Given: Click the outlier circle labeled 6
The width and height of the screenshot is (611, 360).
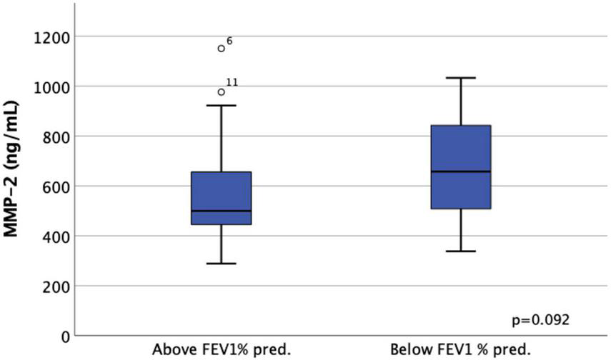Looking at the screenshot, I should pos(222,49).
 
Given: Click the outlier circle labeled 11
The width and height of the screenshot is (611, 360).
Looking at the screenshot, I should pos(222,92).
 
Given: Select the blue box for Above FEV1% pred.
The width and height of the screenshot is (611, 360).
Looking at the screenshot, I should pos(222,198).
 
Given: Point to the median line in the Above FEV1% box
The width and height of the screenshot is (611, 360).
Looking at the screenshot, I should pos(222,211).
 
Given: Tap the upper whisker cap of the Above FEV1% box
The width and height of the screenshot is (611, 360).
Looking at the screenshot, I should pos(222,106).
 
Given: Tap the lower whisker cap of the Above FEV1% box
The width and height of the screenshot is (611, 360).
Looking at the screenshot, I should pos(222,264).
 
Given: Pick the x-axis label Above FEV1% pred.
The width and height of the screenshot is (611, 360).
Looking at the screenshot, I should pos(222,351).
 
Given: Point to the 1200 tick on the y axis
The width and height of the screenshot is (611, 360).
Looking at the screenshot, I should pos(52,36).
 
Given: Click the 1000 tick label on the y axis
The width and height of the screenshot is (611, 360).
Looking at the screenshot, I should pos(52,86).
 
